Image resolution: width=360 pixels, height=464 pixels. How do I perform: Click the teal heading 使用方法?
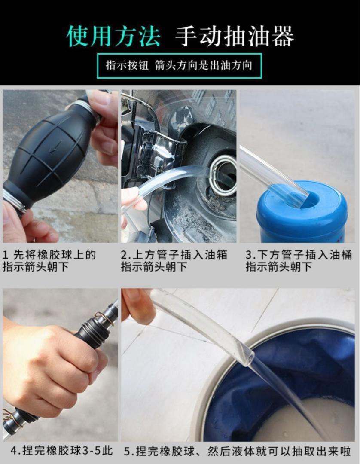[113, 37]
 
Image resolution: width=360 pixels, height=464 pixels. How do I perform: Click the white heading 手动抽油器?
[235, 37]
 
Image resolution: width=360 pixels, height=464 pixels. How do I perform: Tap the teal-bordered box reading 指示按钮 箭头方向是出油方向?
[179, 66]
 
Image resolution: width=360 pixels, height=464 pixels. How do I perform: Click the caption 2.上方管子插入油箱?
[174, 254]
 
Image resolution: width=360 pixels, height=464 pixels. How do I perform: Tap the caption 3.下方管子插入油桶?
[299, 254]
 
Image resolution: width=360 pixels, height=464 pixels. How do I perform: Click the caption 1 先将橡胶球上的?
[50, 254]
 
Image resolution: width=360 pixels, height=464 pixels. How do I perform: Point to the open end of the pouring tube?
[248, 352]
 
